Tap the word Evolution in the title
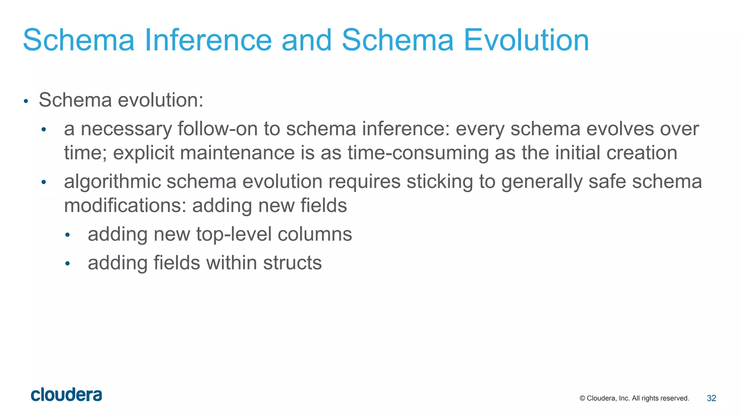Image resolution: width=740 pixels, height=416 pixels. coord(526,40)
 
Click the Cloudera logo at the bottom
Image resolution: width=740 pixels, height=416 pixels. coord(66,395)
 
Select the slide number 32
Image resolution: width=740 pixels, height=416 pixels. coord(711,398)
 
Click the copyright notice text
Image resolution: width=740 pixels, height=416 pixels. coord(634,398)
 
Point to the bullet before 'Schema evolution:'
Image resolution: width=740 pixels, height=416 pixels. coord(26,101)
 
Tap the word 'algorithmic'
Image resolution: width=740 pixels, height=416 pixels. coord(112,181)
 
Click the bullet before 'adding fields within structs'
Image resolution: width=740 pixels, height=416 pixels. coord(67,264)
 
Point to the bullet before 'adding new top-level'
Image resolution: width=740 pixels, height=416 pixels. coord(67,236)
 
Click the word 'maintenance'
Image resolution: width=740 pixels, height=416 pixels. coord(237,153)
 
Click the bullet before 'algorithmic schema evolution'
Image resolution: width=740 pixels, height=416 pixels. coord(44,183)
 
